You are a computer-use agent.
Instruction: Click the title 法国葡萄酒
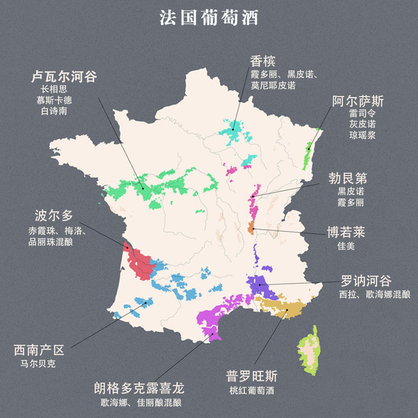click(x=209, y=18)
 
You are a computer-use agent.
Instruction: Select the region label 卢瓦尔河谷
click(x=63, y=76)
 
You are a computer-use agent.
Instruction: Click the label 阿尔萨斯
click(x=357, y=102)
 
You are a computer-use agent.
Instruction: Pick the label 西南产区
click(x=39, y=350)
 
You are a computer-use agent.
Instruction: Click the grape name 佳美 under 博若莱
click(x=346, y=245)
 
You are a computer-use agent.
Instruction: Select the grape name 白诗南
click(x=54, y=111)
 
